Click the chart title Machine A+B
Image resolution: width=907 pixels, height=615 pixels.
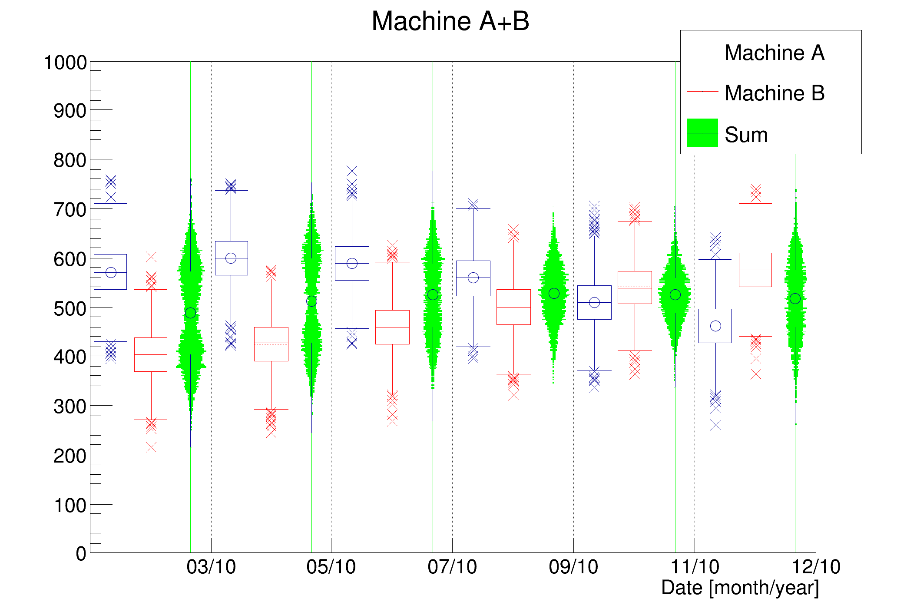[450, 21]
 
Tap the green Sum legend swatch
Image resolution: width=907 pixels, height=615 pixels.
[702, 133]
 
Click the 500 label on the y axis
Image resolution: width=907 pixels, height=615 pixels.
[70, 309]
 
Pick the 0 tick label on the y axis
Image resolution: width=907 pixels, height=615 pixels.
[81, 554]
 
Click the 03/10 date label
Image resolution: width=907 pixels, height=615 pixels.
[211, 567]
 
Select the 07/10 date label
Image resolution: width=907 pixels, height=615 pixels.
[452, 567]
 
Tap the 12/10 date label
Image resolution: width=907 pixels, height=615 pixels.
[816, 567]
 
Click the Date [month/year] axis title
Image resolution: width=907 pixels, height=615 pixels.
[740, 588]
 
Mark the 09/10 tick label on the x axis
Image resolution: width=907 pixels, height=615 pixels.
[573, 567]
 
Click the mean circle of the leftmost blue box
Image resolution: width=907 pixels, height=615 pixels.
[111, 272]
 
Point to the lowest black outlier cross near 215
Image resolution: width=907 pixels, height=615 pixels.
[151, 447]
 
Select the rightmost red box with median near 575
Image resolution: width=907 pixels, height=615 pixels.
[755, 270]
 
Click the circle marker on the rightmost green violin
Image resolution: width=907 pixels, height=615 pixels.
[795, 298]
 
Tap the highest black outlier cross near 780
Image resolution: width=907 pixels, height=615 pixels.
[352, 170]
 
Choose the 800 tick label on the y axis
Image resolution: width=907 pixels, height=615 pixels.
[70, 161]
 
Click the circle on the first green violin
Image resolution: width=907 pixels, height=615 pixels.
[190, 313]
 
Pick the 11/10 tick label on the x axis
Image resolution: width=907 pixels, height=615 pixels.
[695, 567]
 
